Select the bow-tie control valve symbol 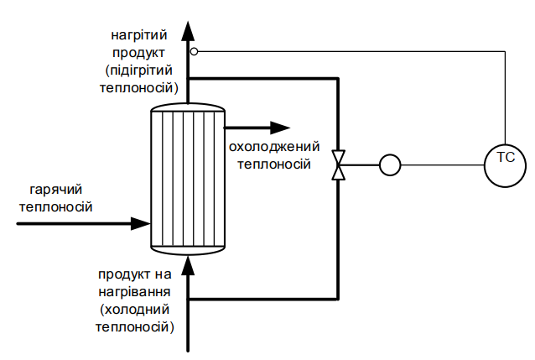click(338, 164)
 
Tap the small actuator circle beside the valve click(389, 164)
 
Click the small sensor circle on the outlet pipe click(194, 51)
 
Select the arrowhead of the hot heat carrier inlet click(140, 224)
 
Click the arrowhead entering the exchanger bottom click(189, 263)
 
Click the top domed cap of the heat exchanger click(188, 109)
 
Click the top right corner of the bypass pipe click(338, 78)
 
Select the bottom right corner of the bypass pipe click(338, 299)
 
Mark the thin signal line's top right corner click(506, 51)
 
